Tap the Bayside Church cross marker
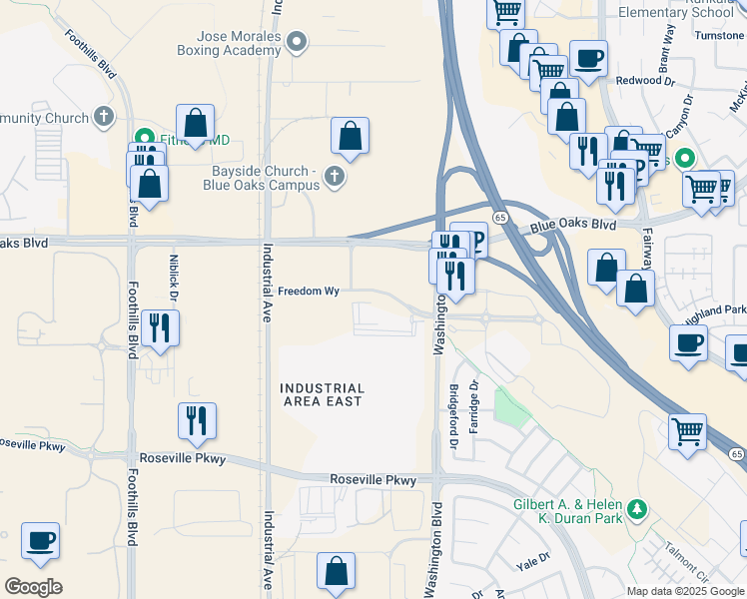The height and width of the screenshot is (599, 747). pos(335,178)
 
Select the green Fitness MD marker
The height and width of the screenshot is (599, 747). pos(144,138)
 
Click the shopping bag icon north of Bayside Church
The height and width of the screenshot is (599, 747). pos(350,136)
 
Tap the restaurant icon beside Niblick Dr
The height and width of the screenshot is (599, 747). pos(160,327)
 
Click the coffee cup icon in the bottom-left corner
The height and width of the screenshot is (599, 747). pos(40,541)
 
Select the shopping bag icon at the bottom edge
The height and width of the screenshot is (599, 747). pos(337,572)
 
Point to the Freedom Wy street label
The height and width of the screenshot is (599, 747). pos(310,292)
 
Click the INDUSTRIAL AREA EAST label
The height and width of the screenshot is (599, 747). pos(322,394)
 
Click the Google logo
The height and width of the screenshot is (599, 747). pos(34,587)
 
